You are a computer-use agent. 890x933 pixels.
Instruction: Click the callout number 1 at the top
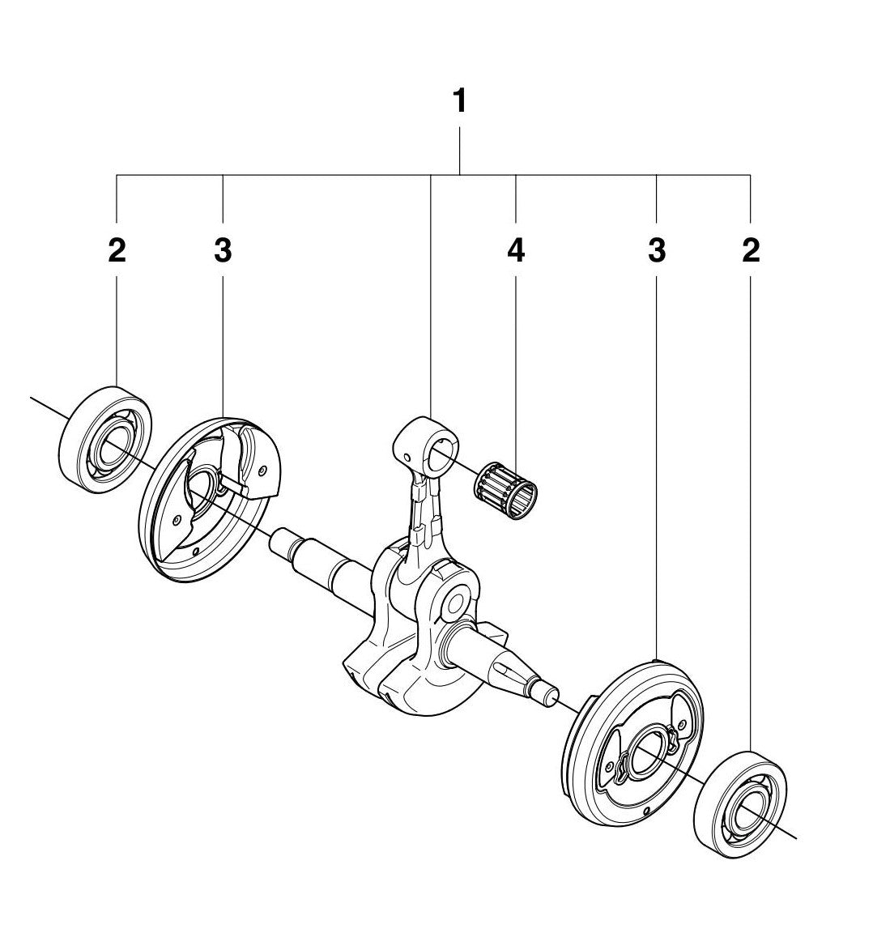459,103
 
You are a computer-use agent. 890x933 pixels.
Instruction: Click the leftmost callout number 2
117,251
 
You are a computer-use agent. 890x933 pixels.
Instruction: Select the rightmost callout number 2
751,251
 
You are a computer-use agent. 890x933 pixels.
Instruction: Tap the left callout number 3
223,251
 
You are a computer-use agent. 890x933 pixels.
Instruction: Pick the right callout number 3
657,251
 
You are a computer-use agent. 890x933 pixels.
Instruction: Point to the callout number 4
516,251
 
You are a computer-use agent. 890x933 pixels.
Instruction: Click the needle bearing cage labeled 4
506,492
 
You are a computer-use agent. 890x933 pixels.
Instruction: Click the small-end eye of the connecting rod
438,455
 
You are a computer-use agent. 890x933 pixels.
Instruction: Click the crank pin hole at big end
453,603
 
